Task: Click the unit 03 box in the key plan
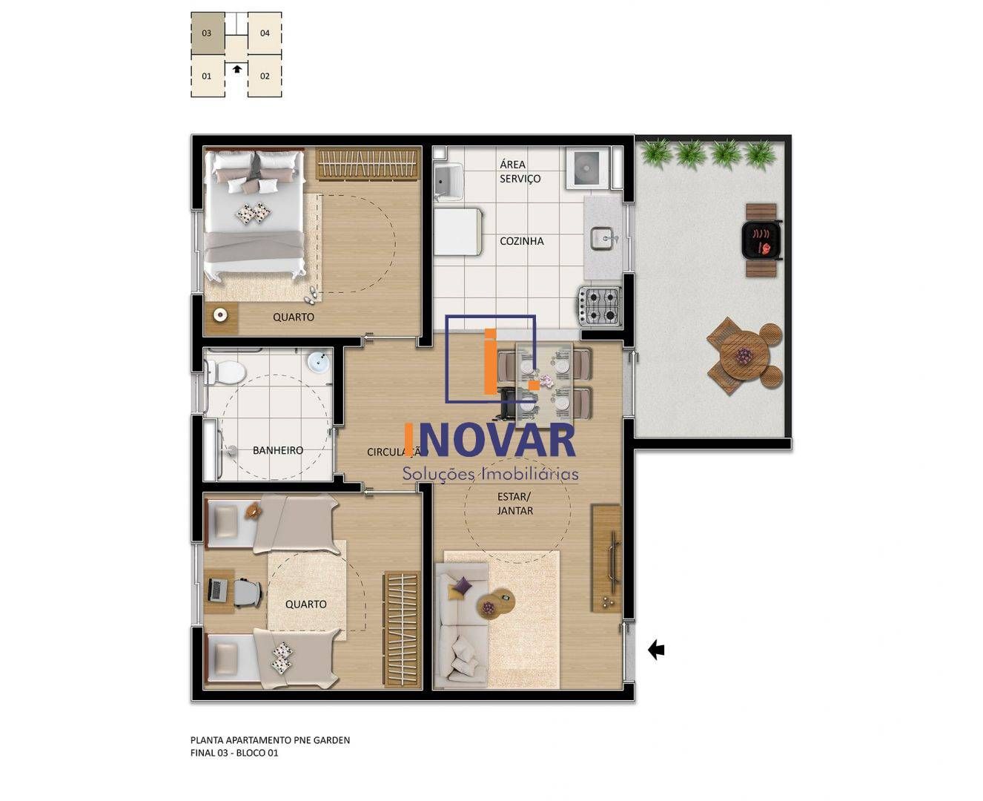coord(207,33)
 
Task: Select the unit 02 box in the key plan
coord(265,76)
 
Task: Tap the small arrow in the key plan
coord(236,69)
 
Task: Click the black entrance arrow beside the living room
coord(656,650)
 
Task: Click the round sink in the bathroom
coord(318,363)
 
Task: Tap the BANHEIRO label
coord(278,450)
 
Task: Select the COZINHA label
coord(521,241)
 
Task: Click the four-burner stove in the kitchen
coord(600,306)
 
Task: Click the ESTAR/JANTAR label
coord(515,504)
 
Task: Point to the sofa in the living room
coord(458,623)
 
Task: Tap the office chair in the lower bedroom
coord(248,592)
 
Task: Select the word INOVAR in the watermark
coord(490,441)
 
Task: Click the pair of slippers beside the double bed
coord(312,295)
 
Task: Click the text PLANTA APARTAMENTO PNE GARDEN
coord(270,740)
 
